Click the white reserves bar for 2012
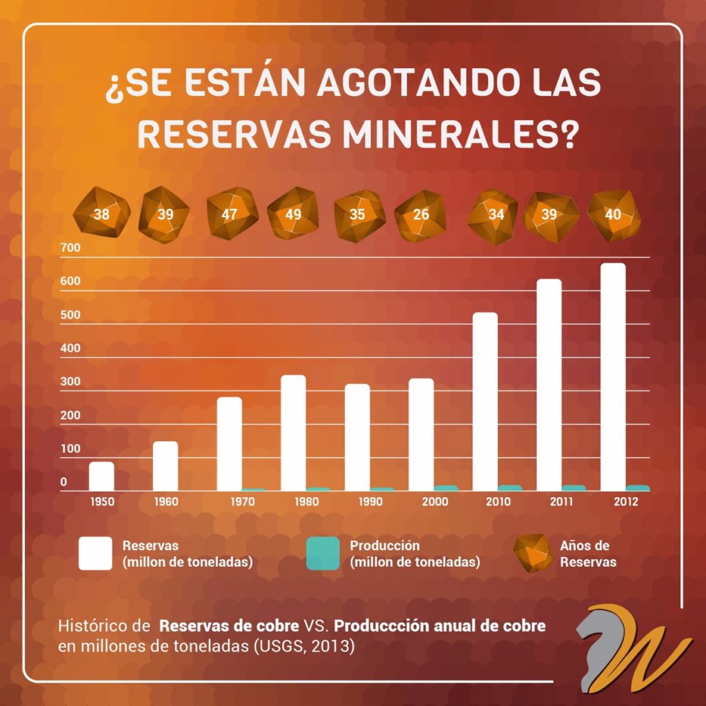(613, 376)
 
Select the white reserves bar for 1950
(101, 476)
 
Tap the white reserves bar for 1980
(294, 432)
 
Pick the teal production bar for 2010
(510, 488)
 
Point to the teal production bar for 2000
(446, 488)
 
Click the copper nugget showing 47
(230, 214)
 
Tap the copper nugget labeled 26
(421, 214)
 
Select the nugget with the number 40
(613, 214)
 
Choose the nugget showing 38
(101, 214)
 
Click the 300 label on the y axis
(70, 381)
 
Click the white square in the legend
(95, 554)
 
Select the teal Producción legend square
(322, 554)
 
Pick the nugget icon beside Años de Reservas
(532, 552)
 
